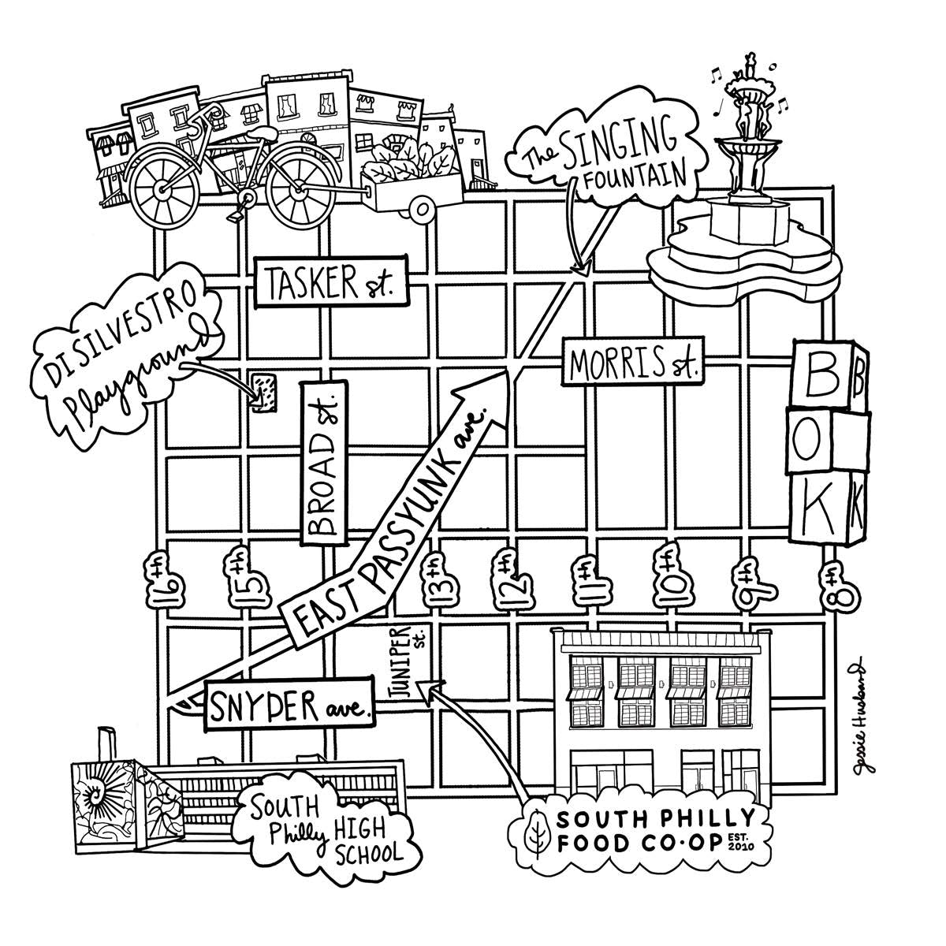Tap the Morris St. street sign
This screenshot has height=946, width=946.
pos(631,363)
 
